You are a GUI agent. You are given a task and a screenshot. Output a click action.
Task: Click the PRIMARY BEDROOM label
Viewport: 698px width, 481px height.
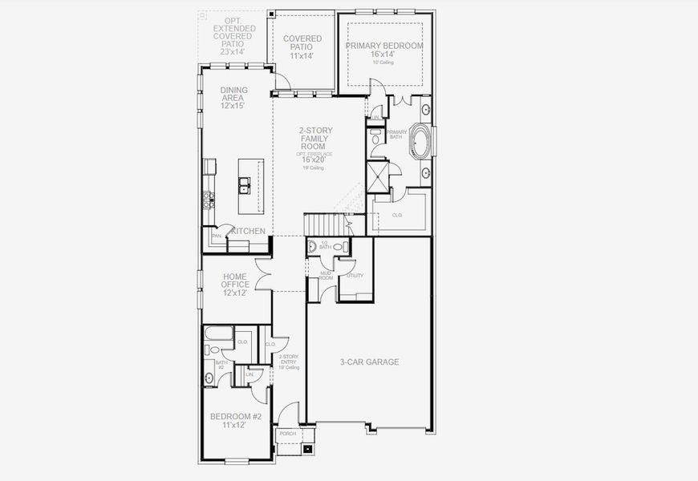pyautogui.click(x=384, y=46)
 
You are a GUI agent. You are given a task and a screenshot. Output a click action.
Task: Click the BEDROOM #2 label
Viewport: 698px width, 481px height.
pyautogui.click(x=236, y=420)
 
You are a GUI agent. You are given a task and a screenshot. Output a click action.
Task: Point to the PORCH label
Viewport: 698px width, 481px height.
pyautogui.click(x=287, y=434)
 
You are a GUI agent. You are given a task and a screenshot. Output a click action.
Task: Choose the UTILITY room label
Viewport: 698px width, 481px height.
pyautogui.click(x=355, y=276)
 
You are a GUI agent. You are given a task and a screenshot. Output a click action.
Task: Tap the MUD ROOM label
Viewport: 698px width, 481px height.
pyautogui.click(x=325, y=276)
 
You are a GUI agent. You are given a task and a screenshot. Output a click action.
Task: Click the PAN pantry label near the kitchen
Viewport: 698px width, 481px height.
pyautogui.click(x=216, y=236)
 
